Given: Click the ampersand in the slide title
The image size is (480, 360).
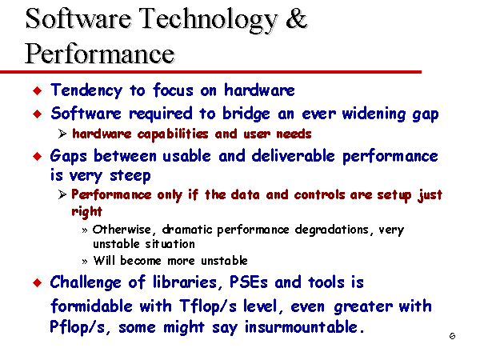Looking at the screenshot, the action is pos(296,19).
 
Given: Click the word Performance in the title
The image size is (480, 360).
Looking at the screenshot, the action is pos(100,54).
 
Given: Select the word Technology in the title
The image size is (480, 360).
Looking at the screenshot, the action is pos(209,21).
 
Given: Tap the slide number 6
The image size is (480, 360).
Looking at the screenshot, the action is pos(452,336).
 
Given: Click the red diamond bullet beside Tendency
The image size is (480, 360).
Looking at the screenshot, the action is pos(38,90).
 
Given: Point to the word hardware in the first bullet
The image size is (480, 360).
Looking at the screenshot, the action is pos(259,90).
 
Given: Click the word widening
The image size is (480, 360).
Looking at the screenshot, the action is pos(374,114).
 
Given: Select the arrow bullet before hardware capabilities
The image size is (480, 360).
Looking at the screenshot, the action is pos(62,134).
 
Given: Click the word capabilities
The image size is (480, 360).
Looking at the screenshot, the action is pos(173,134).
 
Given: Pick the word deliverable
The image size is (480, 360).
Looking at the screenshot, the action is pos(293,156).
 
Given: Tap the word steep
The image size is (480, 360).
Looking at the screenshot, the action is pos(130,176).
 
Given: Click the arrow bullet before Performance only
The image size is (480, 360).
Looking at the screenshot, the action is pos(62,194).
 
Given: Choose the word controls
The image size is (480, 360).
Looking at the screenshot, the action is pos(319,194).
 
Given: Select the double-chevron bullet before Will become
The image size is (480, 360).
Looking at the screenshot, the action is pos(85,262).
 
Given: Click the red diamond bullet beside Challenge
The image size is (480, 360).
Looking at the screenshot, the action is pos(38,283).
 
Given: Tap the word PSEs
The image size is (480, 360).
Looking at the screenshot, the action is pos(249,282).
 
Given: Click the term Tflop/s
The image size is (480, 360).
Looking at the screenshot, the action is pos(208,306).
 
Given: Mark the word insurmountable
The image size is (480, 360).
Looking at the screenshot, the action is pos(304,327).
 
